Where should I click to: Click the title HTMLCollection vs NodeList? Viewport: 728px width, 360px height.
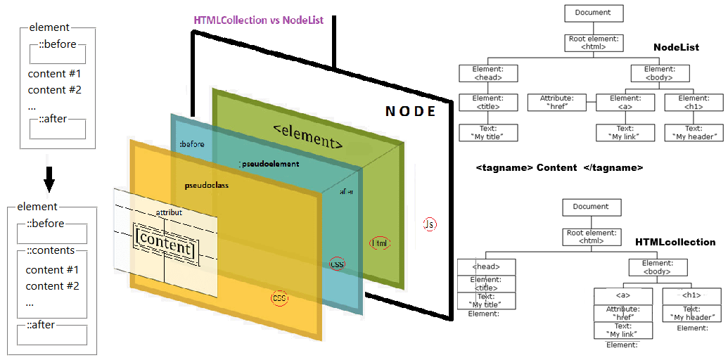tap(258, 20)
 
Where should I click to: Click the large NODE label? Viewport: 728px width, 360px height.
tap(411, 112)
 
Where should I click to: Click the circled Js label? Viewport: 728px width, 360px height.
tap(429, 224)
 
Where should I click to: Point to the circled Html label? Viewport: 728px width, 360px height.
tap(380, 243)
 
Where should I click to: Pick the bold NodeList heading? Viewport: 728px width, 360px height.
tap(676, 47)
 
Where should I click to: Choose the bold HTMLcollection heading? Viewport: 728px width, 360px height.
tap(675, 242)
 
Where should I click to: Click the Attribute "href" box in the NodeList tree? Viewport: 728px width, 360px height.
tap(557, 103)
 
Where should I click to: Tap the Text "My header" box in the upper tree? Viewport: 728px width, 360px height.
tap(694, 132)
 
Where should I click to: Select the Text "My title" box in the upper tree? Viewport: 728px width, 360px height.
tap(488, 132)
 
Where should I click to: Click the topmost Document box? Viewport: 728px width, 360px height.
tap(593, 13)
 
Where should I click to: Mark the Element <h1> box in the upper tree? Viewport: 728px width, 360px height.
tap(694, 103)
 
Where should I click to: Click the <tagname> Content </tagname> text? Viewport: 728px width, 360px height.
tap(558, 168)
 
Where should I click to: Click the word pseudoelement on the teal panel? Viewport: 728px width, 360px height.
tap(269, 164)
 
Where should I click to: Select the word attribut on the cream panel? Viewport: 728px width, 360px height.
tap(169, 212)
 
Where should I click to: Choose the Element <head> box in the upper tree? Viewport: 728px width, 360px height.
tap(488, 73)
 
